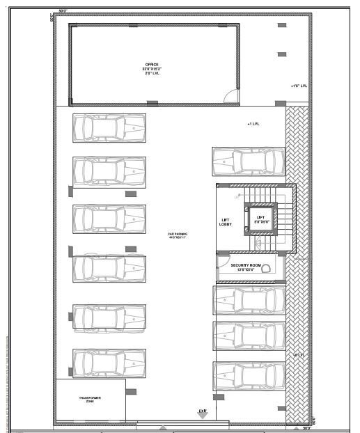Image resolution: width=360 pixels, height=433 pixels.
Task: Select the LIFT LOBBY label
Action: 226,221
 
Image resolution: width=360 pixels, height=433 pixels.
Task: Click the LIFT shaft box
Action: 260,219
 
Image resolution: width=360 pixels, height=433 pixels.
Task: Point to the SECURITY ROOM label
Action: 246,267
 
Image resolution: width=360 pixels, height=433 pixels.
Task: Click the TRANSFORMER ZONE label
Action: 89,399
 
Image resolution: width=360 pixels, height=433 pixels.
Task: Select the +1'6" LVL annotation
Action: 299,86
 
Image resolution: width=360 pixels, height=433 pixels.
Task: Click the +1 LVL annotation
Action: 253,124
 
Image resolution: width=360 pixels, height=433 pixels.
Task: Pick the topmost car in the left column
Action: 109,128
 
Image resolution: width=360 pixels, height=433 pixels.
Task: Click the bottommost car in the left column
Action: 109,363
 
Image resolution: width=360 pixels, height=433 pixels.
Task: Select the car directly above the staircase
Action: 249,162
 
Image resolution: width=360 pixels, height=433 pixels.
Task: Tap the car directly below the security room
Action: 249,300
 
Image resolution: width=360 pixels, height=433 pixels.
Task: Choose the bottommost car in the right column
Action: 249,375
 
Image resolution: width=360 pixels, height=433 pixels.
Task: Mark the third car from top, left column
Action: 109,219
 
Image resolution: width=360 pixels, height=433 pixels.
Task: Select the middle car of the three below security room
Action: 249,336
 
